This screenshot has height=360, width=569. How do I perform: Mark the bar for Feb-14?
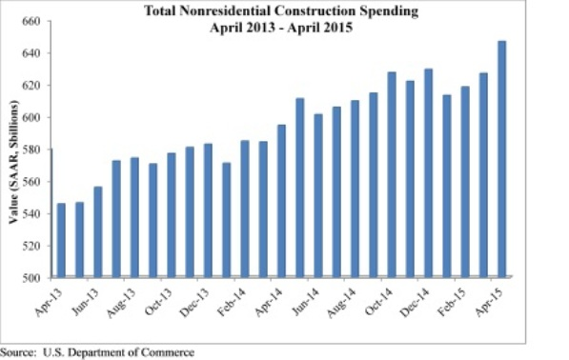point(245,210)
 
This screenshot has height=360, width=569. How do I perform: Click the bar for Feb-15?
point(464,182)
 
